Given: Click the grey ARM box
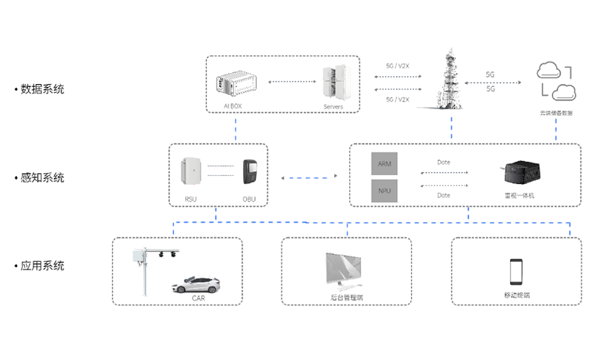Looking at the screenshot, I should (x=384, y=164).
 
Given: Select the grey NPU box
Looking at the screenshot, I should (x=384, y=191).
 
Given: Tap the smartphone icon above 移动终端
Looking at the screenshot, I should (x=517, y=272).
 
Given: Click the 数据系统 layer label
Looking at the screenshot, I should (x=42, y=89).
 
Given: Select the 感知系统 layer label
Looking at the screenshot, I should (x=42, y=178).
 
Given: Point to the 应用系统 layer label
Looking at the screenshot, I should (x=42, y=266).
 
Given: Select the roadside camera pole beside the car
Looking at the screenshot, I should (x=144, y=270).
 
